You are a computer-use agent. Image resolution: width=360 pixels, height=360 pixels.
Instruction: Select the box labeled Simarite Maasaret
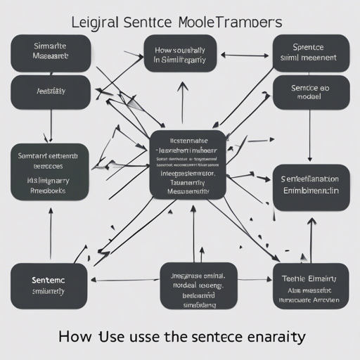pos(51,53)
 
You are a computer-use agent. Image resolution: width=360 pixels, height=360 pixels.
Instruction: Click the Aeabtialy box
pos(51,91)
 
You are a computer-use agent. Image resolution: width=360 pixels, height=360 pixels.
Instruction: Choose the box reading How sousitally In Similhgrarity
pos(179,54)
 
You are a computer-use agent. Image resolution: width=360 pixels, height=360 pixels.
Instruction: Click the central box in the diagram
pos(188,164)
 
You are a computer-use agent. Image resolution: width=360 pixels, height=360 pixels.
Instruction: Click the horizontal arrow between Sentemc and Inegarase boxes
pos(127,280)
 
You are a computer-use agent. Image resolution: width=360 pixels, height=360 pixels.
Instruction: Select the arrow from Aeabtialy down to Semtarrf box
pos(51,127)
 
